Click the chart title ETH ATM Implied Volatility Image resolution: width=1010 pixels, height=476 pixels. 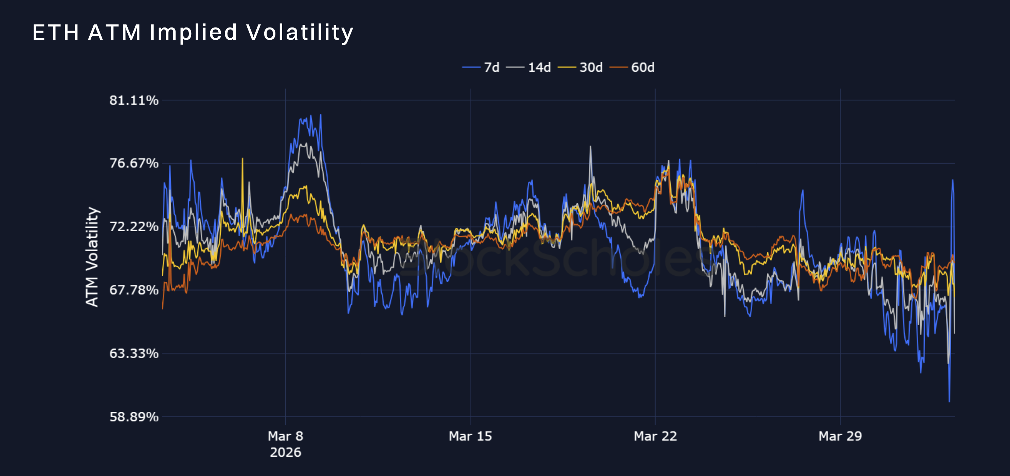(193, 33)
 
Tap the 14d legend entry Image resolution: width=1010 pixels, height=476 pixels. (528, 68)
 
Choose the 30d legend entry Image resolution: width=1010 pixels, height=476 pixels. (580, 68)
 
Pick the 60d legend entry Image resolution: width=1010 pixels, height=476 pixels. (632, 68)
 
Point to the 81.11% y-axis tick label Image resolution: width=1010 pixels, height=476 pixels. (134, 100)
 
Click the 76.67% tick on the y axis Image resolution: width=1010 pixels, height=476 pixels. (134, 163)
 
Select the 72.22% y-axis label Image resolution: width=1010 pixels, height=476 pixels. (134, 227)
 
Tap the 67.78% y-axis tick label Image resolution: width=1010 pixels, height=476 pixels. (134, 290)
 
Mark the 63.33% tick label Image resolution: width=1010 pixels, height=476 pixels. (134, 353)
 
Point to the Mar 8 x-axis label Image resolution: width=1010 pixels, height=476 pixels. (285, 436)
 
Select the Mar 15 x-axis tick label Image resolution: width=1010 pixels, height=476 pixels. (470, 436)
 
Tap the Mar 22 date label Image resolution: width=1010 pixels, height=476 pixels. (655, 436)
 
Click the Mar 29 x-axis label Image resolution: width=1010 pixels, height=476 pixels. (840, 436)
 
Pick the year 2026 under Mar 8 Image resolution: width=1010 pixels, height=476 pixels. (285, 453)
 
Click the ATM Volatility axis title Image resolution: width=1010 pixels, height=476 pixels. (92, 257)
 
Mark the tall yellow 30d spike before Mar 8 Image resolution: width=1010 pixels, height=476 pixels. (242, 159)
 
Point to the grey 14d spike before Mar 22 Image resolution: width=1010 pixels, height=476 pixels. (591, 147)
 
